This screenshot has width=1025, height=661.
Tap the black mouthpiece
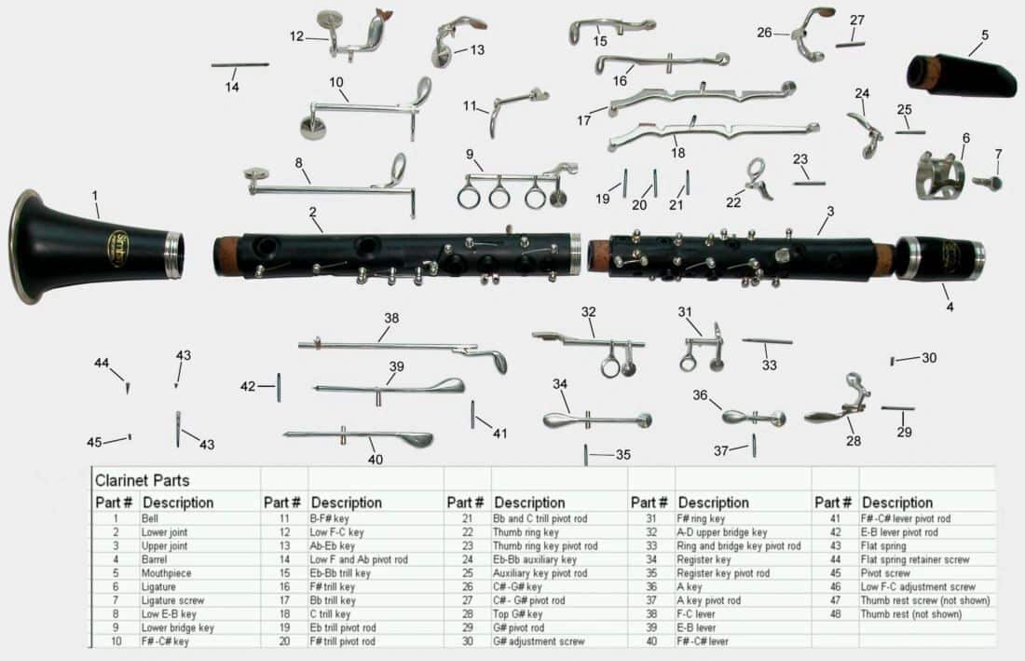pyautogui.click(x=964, y=75)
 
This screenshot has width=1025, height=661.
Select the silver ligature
pyautogui.click(x=938, y=175)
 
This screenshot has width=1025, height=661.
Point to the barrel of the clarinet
pyautogui.click(x=941, y=258)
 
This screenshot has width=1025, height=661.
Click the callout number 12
pyautogui.click(x=296, y=36)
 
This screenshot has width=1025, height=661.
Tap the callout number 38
pyautogui.click(x=391, y=318)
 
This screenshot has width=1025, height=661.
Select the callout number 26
pyautogui.click(x=765, y=33)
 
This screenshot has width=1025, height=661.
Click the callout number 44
pyautogui.click(x=102, y=364)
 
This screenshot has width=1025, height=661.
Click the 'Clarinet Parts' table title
pyautogui.click(x=142, y=481)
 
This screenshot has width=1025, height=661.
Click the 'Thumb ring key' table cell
pyautogui.click(x=526, y=532)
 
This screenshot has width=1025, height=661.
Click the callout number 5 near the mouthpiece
pyautogui.click(x=985, y=35)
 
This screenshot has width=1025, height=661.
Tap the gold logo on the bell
pyautogui.click(x=118, y=248)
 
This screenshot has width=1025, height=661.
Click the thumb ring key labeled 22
pyautogui.click(x=758, y=179)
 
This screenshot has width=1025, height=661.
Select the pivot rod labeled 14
pyautogui.click(x=239, y=64)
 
